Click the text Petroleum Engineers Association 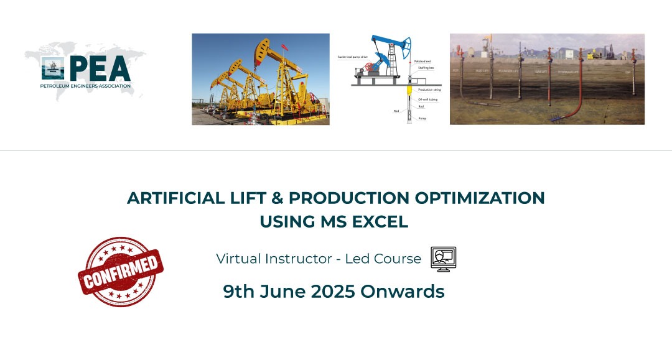[86, 86]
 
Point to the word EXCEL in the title [382, 221]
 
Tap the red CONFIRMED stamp [120, 272]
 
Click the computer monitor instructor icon [443, 259]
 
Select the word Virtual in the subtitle [237, 259]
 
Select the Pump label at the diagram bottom [422, 118]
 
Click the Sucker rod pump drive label [354, 56]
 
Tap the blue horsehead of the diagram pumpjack [407, 45]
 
